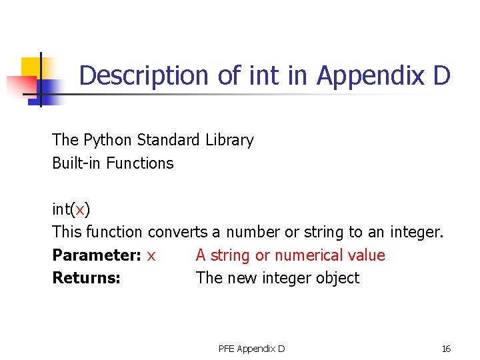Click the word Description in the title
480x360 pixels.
click(x=145, y=75)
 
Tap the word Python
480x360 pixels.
click(x=107, y=140)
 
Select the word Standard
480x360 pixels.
click(x=167, y=140)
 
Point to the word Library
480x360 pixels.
click(x=229, y=140)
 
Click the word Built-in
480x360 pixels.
click(x=75, y=163)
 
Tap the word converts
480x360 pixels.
click(x=177, y=232)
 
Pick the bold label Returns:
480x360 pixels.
click(x=86, y=278)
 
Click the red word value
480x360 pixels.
click(x=369, y=255)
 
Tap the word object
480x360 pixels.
click(x=338, y=278)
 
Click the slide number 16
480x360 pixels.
click(x=446, y=349)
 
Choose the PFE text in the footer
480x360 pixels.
click(x=227, y=349)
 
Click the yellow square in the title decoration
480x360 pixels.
click(x=31, y=67)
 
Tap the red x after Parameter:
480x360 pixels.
click(x=151, y=256)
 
